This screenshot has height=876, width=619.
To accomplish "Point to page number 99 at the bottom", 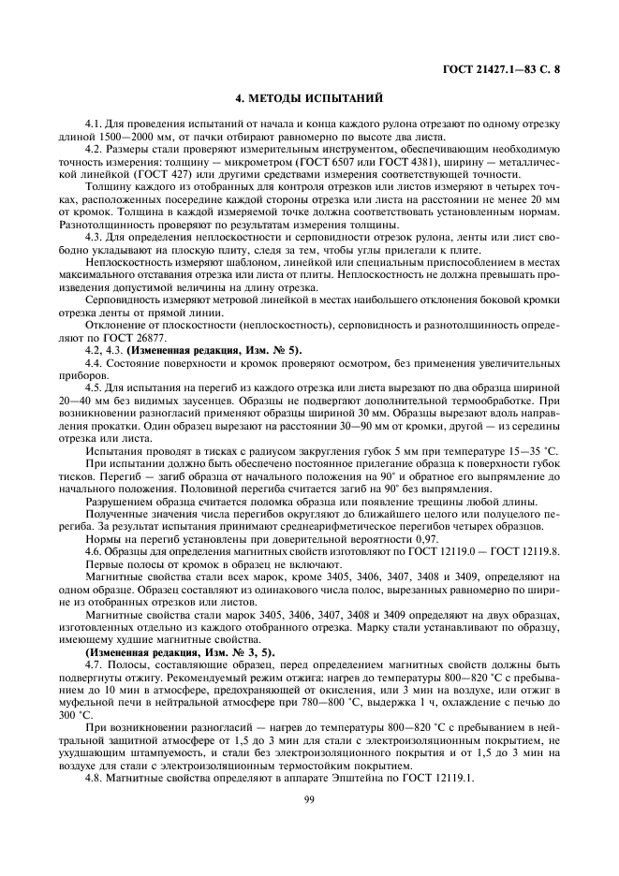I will coord(308,798).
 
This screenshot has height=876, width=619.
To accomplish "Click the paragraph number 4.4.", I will coord(96,361).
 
